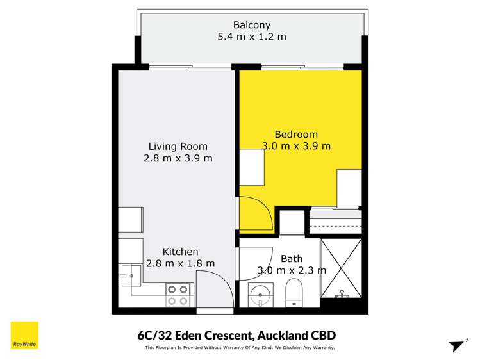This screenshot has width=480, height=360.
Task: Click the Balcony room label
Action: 251,25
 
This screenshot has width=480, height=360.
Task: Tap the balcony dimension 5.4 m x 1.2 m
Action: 251,37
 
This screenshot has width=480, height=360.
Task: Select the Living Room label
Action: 178,146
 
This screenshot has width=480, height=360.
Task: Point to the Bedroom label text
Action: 295,134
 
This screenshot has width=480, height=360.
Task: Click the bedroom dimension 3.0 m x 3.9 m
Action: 295,146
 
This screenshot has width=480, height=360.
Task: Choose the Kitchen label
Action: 180,252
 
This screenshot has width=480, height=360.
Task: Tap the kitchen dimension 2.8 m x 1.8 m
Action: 180,263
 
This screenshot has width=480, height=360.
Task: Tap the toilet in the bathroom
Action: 294,293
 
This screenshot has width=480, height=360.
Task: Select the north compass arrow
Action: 457,345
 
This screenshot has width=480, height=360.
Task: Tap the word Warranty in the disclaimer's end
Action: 320,348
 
